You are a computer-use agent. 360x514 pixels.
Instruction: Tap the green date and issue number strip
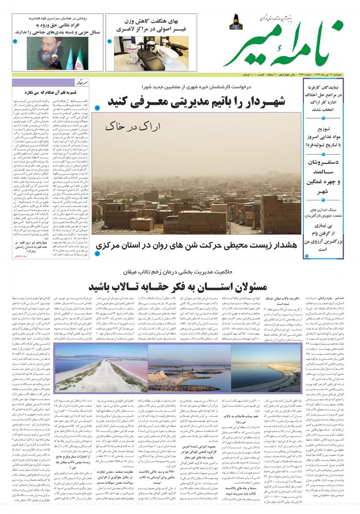pos(288,74)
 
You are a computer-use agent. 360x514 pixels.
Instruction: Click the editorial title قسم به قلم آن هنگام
pos(47,93)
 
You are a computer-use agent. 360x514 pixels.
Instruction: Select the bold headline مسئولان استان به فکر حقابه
pos(180,286)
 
